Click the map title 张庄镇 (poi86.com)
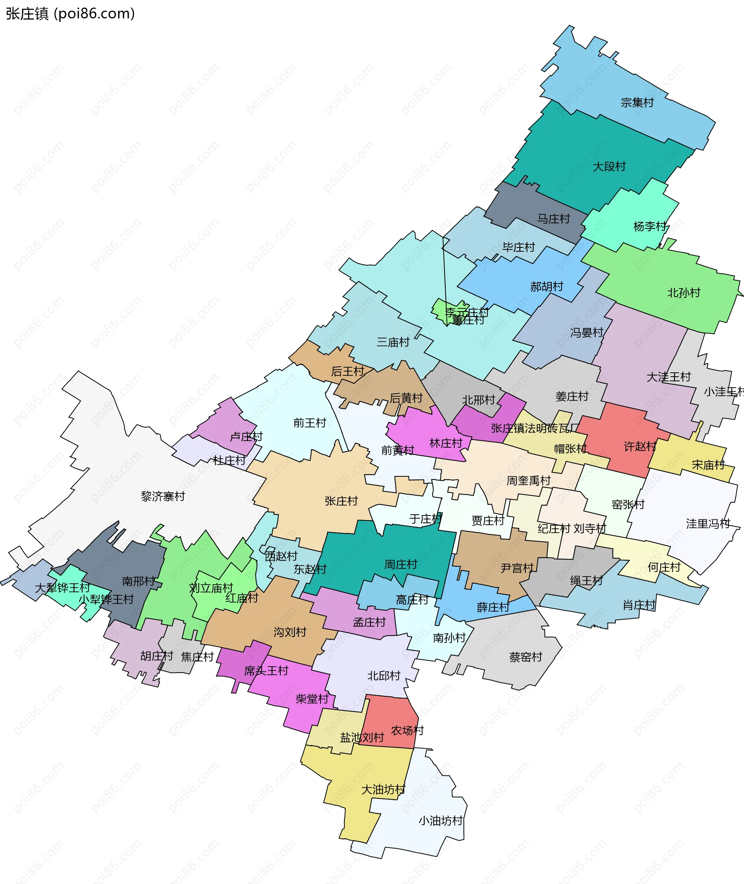pos(71,14)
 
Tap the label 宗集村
pos(637,102)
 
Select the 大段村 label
pos(609,166)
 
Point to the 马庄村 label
pos(553,219)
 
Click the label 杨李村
pos(649,226)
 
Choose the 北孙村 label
pos(684,292)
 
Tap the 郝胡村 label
pos(547,287)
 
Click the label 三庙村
pos(393,342)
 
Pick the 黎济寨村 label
pos(163,496)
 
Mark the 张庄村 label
pos(341,501)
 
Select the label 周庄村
pos(401,564)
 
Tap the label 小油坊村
pos(441,821)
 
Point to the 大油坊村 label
pos(383,789)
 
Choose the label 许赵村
pos(640,446)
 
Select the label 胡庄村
pos(157,656)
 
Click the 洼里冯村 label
pos(708,524)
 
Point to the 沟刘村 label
pos(290,632)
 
